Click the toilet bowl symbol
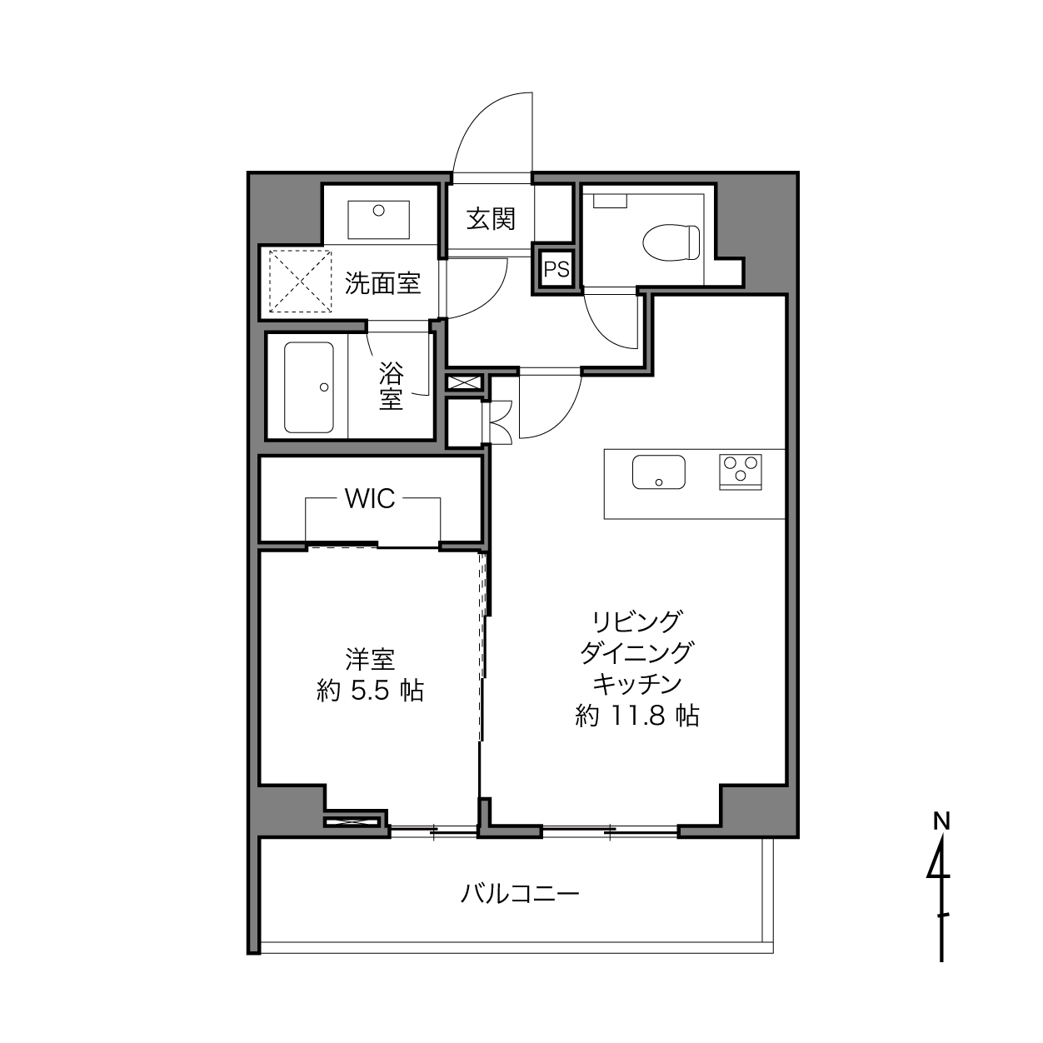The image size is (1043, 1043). coord(671,242)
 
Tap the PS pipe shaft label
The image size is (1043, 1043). coord(556,269)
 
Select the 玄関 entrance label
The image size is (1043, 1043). coord(491,219)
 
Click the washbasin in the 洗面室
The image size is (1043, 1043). coord(378,219)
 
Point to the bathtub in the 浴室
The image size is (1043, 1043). coord(308,387)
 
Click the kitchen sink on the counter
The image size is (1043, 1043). coord(659,472)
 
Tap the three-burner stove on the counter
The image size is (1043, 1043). coord(741,472)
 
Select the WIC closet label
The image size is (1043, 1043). coord(370,498)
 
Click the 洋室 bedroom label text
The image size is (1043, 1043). coord(370,659)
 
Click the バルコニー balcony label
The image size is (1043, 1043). coord(520,894)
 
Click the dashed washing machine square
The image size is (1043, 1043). coord(301,281)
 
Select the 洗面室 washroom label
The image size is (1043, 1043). coord(383,283)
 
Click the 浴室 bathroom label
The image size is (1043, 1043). coord(391,387)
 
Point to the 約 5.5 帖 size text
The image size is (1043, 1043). coord(370,691)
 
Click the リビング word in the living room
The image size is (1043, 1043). coord(636,622)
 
